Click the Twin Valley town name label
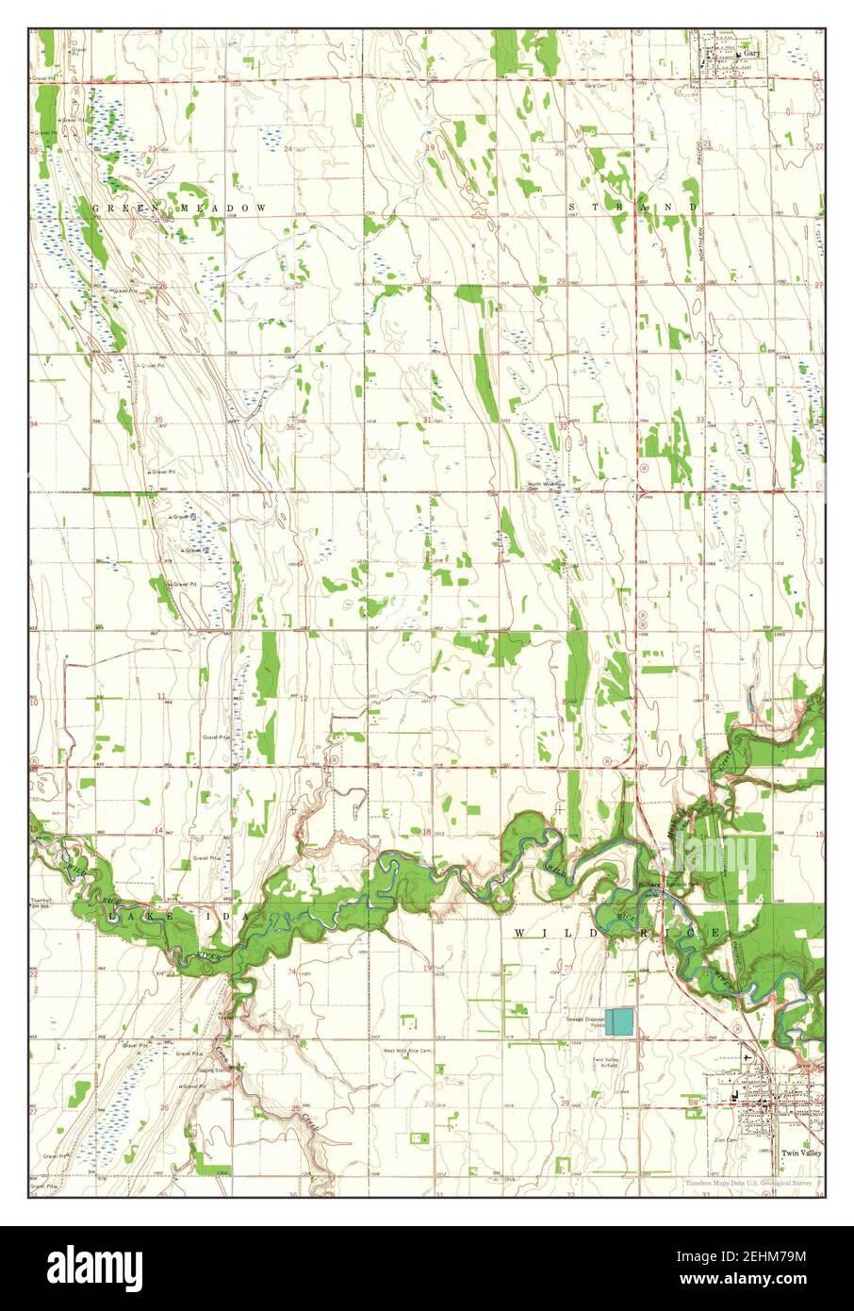click(x=801, y=1153)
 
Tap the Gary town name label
click(x=751, y=54)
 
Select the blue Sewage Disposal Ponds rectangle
click(x=619, y=1022)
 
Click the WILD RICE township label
click(x=617, y=932)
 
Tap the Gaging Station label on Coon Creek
click(x=215, y=1070)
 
